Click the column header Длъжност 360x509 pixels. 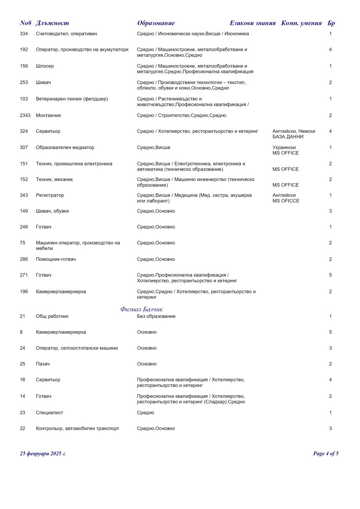(x=52, y=23)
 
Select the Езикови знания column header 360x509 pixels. (x=252, y=23)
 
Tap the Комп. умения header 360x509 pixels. (x=301, y=23)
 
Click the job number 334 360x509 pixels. (x=24, y=34)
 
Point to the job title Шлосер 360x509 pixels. (x=45, y=66)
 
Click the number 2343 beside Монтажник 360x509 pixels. (x=25, y=115)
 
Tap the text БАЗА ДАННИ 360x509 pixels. (x=288, y=137)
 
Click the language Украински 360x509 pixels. (x=284, y=147)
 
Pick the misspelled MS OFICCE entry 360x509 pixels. (x=286, y=201)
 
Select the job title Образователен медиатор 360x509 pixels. (x=65, y=147)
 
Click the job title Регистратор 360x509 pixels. (x=50, y=195)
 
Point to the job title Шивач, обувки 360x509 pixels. (x=52, y=211)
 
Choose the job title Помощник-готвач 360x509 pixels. (x=56, y=259)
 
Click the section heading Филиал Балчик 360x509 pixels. (x=142, y=309)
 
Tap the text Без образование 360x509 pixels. (x=156, y=317)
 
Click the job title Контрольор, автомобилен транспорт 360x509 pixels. (x=77, y=429)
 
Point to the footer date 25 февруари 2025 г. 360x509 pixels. (x=43, y=454)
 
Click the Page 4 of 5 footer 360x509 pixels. (x=326, y=454)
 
